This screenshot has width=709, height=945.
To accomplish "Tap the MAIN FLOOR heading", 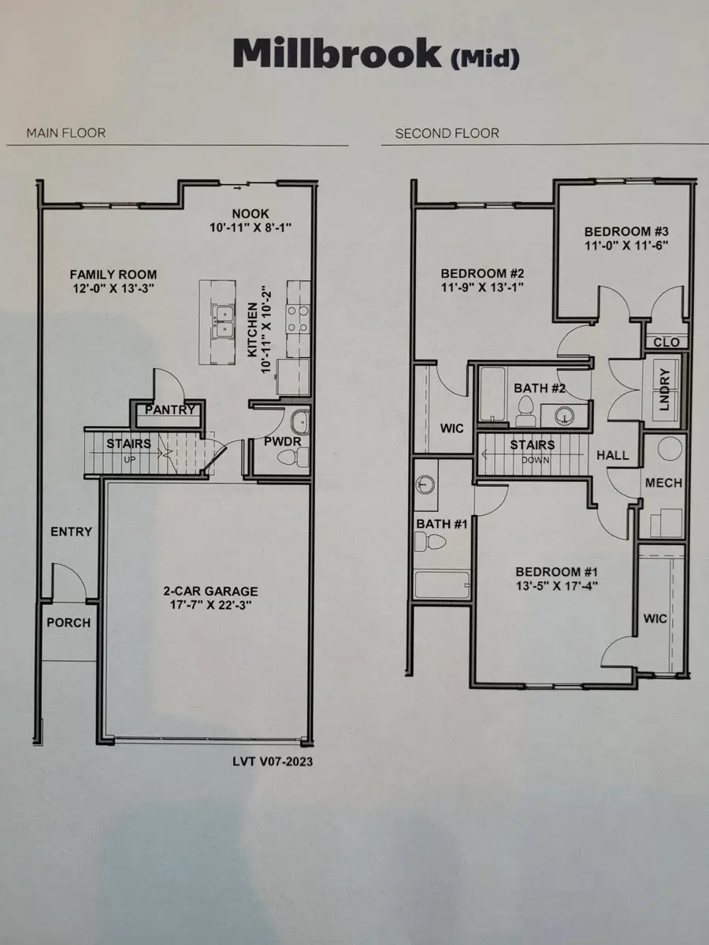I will click(65, 133).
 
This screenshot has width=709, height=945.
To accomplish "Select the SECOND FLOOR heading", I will click(447, 133).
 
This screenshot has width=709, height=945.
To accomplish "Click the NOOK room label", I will click(251, 213).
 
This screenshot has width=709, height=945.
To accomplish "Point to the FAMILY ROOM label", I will click(113, 275).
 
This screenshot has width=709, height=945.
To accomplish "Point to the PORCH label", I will click(69, 622).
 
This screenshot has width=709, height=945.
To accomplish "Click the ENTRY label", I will click(71, 532).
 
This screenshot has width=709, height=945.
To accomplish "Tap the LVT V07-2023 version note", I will click(266, 762).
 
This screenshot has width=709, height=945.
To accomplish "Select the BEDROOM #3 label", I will click(626, 232).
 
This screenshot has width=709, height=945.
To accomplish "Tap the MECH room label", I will click(663, 483).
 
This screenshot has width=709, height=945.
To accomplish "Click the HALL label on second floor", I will click(612, 455).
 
